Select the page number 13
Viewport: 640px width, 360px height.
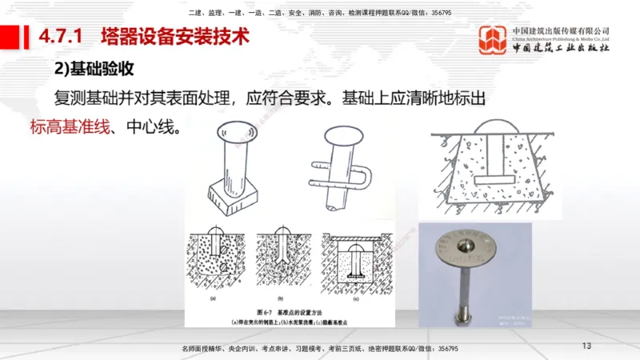click(x=586, y=346)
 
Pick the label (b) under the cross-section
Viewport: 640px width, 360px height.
click(x=282, y=297)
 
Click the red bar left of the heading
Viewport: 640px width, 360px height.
click(x=10, y=36)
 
